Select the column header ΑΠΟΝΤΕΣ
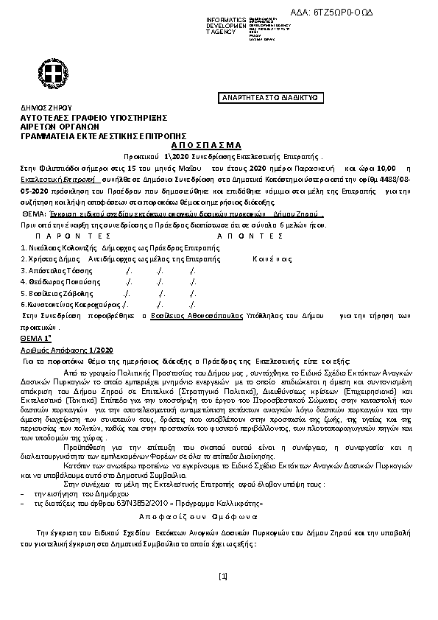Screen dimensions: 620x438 250,236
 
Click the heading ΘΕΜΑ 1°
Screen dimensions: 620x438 35,335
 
